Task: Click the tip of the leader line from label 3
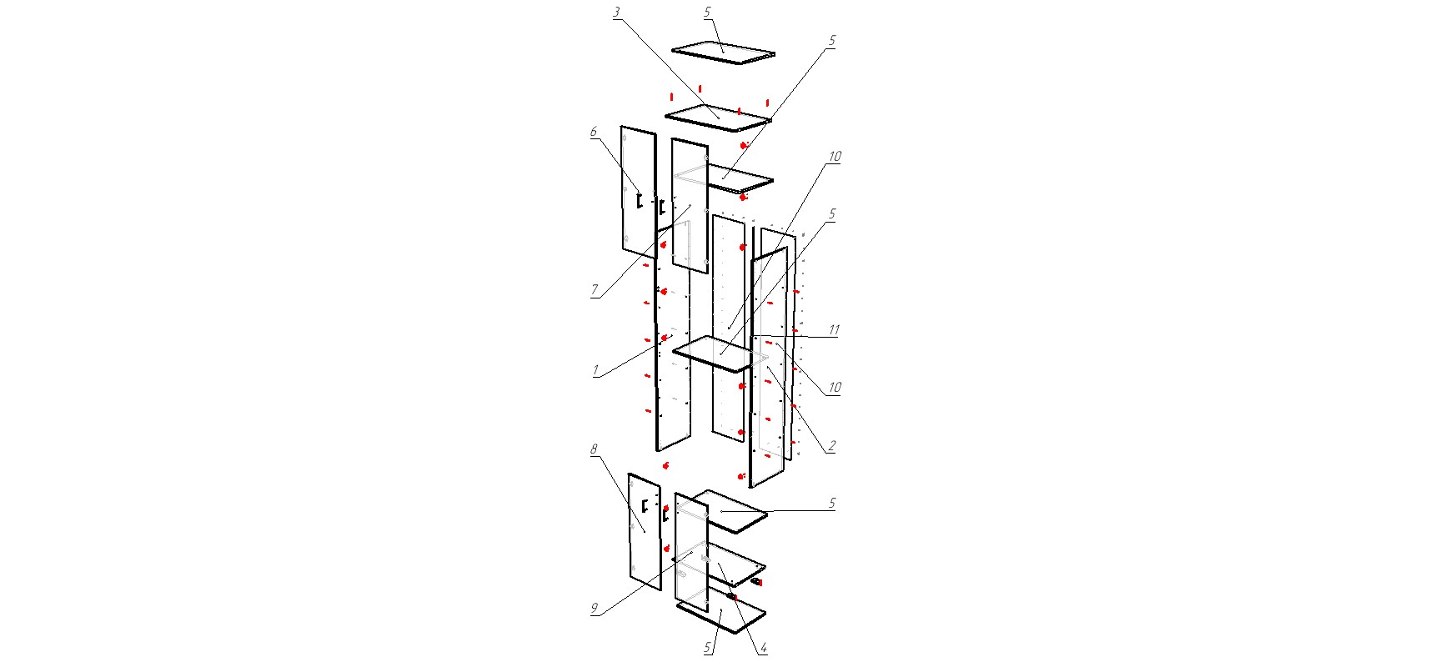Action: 719,118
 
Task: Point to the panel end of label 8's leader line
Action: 645,530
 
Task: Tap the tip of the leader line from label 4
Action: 719,564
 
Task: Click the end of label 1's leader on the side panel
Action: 672,336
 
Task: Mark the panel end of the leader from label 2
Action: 769,367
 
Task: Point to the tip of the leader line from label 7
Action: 691,205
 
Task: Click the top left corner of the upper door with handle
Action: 622,127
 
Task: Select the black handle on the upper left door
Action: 638,200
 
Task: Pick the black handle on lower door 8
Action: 645,504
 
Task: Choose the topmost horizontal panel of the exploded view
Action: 724,52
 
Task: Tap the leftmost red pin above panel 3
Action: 671,98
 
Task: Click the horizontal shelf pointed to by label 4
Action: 720,565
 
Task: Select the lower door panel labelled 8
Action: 645,531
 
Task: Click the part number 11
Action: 833,330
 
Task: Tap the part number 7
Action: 595,290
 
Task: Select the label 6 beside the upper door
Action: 594,132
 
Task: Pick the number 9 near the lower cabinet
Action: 595,609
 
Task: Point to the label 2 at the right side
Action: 830,446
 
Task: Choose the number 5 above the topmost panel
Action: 707,13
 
